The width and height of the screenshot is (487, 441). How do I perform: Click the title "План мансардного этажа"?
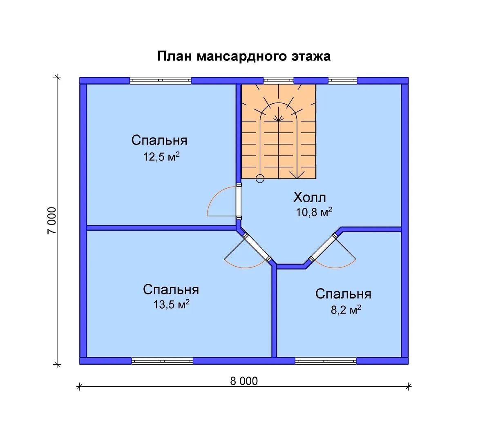(243, 56)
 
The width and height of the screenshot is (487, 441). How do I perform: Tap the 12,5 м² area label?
(161, 156)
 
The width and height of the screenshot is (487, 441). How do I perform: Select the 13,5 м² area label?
(171, 305)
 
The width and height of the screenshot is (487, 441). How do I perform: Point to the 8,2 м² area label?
(346, 310)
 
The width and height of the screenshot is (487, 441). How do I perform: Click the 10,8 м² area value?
(313, 212)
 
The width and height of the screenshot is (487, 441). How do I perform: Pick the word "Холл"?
(310, 198)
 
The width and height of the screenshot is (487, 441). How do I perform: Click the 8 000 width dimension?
(244, 381)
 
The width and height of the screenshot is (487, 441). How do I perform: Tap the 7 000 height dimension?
(51, 220)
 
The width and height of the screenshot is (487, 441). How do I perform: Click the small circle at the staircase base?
(260, 178)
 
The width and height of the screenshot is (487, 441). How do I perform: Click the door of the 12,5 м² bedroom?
(239, 201)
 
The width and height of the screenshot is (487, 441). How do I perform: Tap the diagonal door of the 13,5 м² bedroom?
(257, 247)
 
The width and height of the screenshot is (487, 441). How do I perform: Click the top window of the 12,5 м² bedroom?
(161, 80)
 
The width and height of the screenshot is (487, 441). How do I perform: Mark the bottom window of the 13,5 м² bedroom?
(162, 361)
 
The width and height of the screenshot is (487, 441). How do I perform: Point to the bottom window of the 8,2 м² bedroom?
(326, 361)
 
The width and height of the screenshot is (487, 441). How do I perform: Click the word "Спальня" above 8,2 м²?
(343, 294)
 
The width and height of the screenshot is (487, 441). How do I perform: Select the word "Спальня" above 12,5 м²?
(159, 140)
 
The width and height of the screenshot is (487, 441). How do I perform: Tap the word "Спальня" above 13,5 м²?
(171, 290)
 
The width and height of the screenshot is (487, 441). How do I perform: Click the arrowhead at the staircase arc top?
(279, 119)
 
